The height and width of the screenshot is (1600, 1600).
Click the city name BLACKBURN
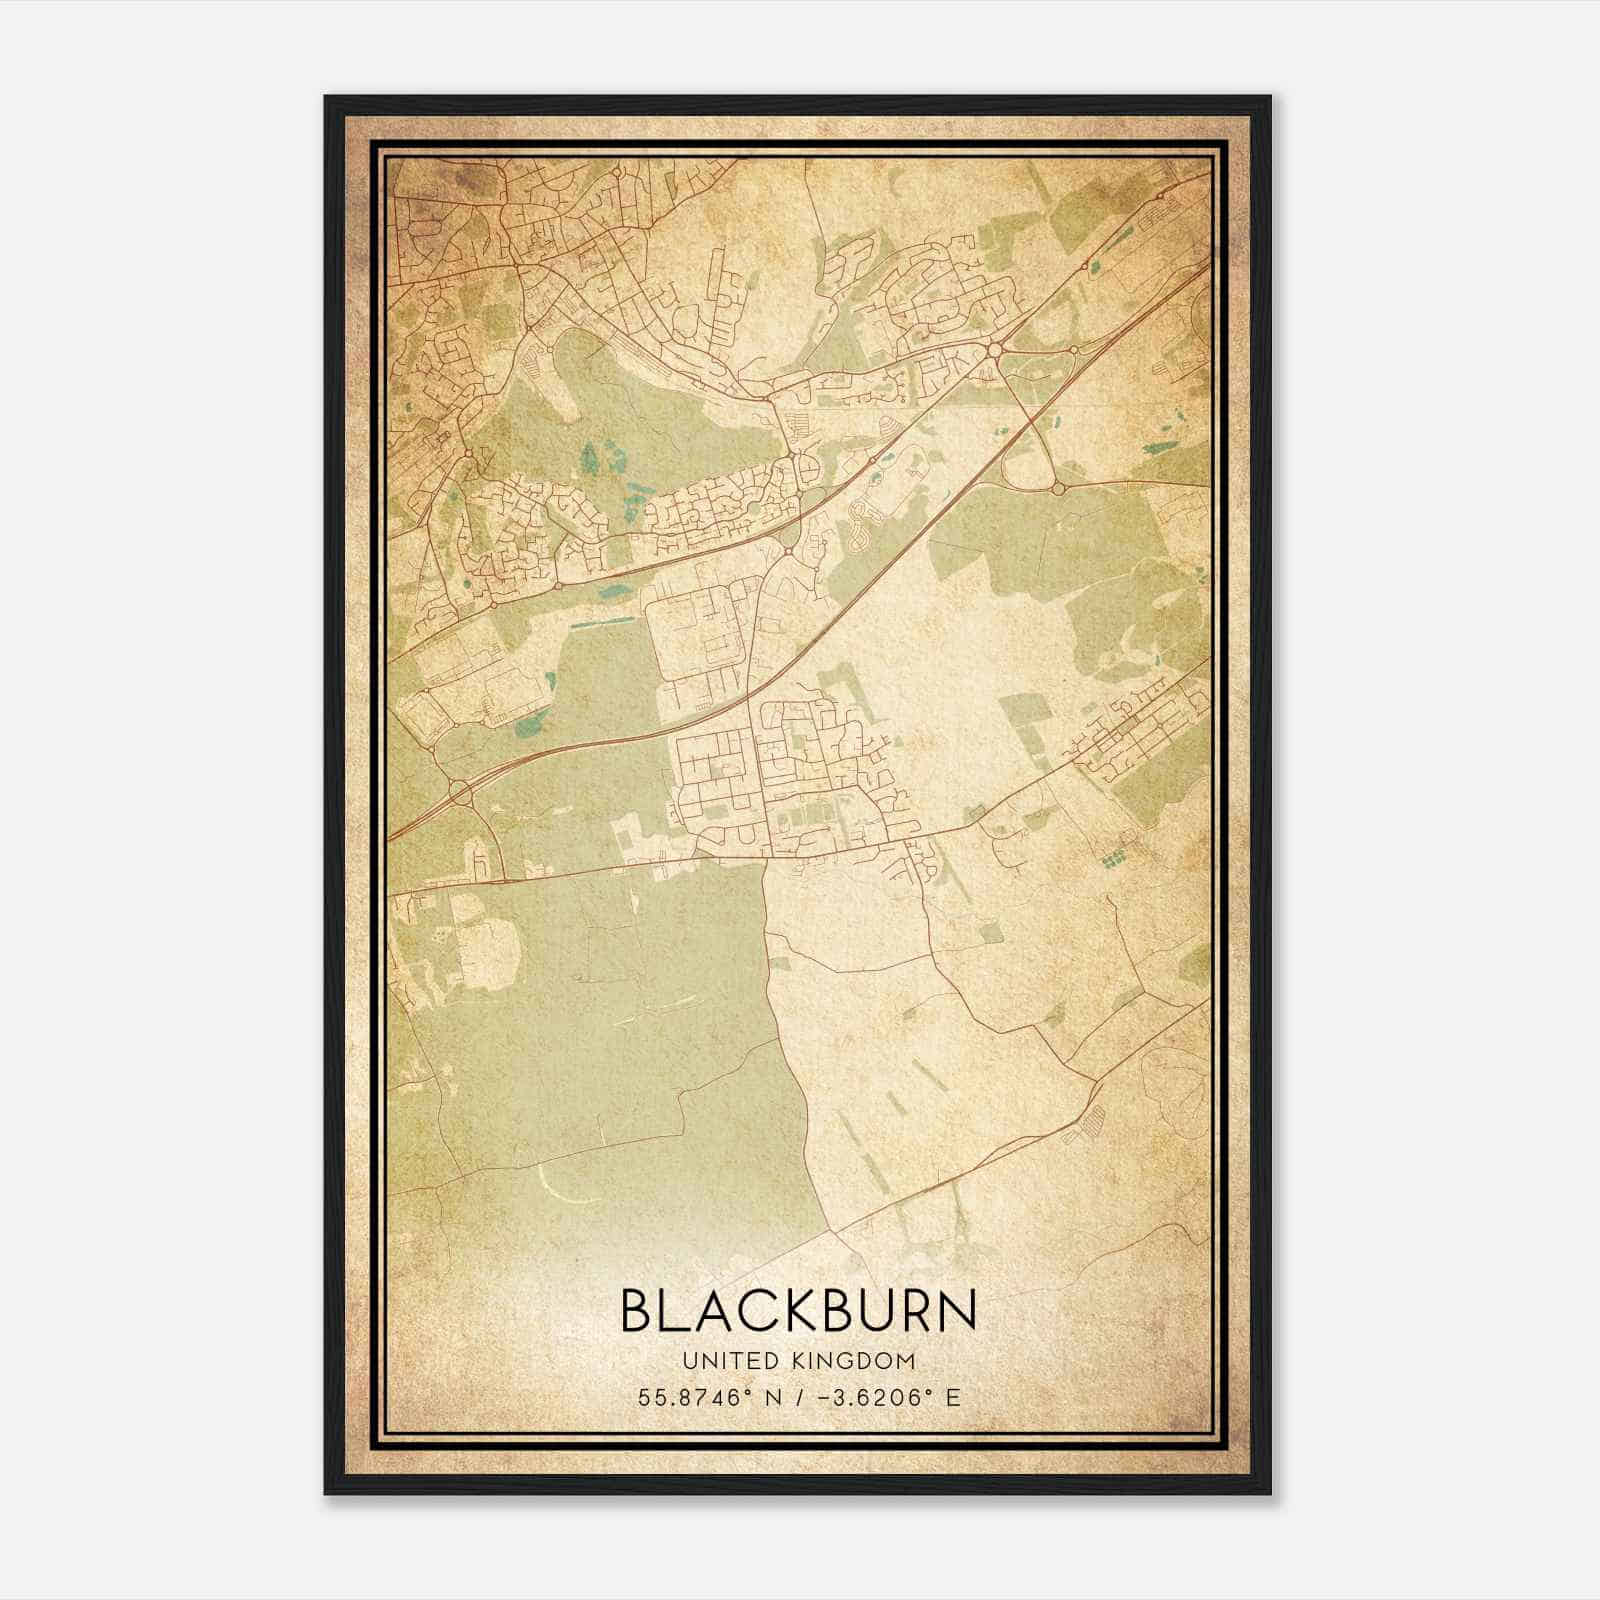[798, 1310]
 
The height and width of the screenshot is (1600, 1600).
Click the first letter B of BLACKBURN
[638, 1310]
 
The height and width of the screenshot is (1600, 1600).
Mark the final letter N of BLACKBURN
[955, 1310]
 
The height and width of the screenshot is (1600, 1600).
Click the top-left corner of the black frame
[326, 97]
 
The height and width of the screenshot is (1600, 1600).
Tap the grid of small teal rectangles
[1110, 858]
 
